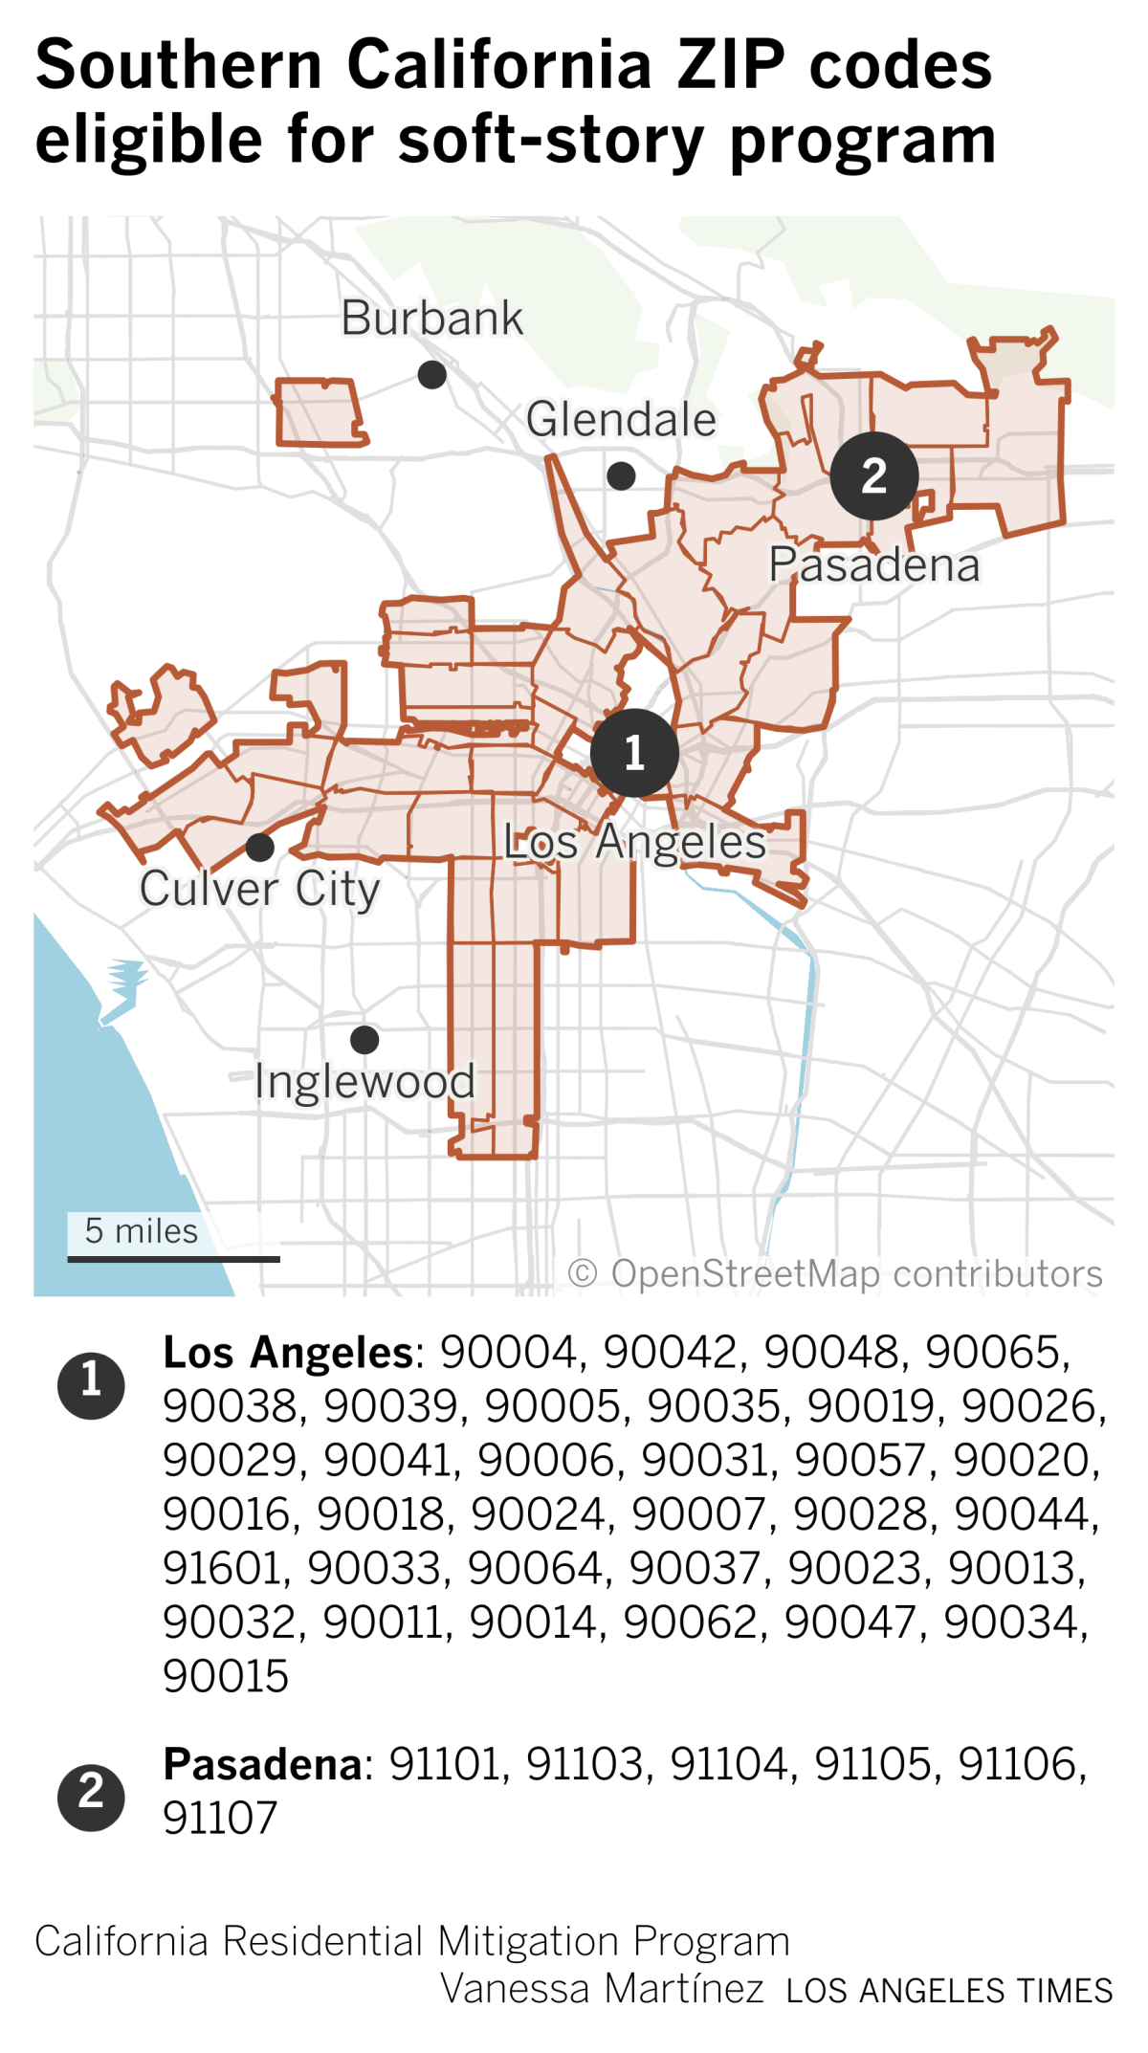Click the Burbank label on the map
pos(432,318)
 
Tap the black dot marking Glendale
pos(621,475)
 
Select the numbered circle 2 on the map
pos(873,475)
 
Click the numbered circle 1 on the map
pos(634,753)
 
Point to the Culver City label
pos(259,889)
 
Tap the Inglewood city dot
pos(364,1039)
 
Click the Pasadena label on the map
pos(874,564)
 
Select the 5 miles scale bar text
pos(141,1230)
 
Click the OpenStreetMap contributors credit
pos(835,1273)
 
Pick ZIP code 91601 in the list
pos(226,1568)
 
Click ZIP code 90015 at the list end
pos(226,1676)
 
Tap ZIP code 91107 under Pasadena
pos(220,1818)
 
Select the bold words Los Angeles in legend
pos(288,1352)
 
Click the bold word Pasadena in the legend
pos(263,1763)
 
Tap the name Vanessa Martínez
pos(602,1988)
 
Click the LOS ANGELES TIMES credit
pos(949,1990)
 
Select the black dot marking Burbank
pos(432,374)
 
